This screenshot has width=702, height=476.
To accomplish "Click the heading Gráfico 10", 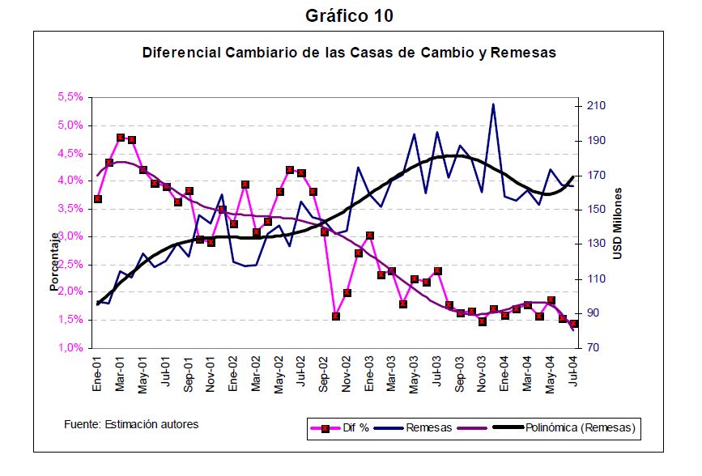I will click(x=350, y=15).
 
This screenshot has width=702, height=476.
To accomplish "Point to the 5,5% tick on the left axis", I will click(x=70, y=97).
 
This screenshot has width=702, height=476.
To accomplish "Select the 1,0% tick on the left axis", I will click(x=70, y=347).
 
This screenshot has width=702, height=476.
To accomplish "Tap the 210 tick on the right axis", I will click(x=595, y=106).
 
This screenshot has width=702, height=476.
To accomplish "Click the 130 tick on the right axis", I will click(x=595, y=244).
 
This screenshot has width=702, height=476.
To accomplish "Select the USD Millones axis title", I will click(x=617, y=224).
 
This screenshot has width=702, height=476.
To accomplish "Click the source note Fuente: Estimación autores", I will click(x=130, y=424).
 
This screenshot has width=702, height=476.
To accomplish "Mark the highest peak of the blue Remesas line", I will click(x=493, y=104).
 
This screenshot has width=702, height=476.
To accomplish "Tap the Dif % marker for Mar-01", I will click(x=121, y=138).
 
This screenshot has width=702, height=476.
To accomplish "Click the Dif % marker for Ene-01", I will click(x=98, y=198).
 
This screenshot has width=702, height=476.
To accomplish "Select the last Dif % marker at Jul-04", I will click(x=574, y=324).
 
